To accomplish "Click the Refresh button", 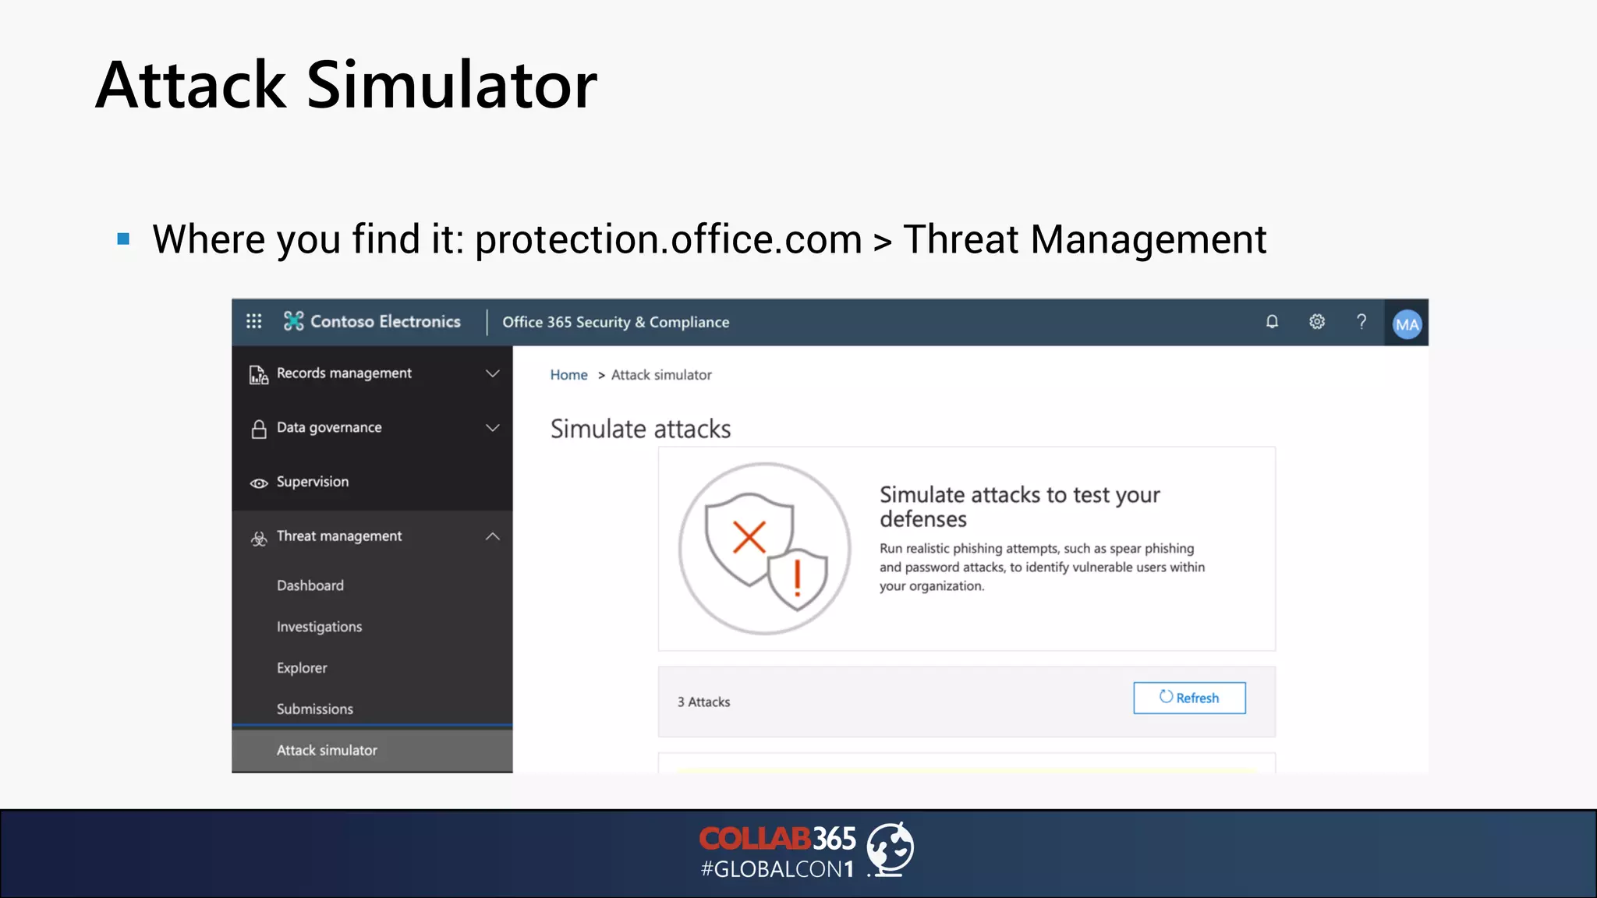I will click(x=1189, y=698).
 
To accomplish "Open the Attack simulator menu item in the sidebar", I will click(x=327, y=750).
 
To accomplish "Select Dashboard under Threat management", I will click(x=310, y=585).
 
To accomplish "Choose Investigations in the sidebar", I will click(x=319, y=627).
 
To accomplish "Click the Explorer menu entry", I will click(x=302, y=668).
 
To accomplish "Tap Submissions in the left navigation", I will click(x=314, y=709).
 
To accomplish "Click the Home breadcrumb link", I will click(x=568, y=375).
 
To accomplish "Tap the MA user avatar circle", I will click(x=1407, y=324).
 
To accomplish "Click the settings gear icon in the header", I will click(x=1317, y=322).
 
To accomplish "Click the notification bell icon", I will click(x=1272, y=322).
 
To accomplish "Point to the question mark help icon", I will click(x=1362, y=322).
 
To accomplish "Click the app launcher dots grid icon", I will click(x=254, y=321).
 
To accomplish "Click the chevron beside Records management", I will click(x=493, y=373).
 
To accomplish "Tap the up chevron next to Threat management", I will click(x=493, y=536).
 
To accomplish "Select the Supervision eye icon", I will click(x=259, y=483).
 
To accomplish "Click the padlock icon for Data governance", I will click(x=259, y=429).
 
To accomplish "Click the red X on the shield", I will click(x=749, y=537).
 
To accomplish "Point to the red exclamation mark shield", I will click(x=797, y=578).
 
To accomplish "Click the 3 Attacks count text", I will click(x=703, y=702).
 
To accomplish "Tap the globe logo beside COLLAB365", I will click(x=891, y=849).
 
